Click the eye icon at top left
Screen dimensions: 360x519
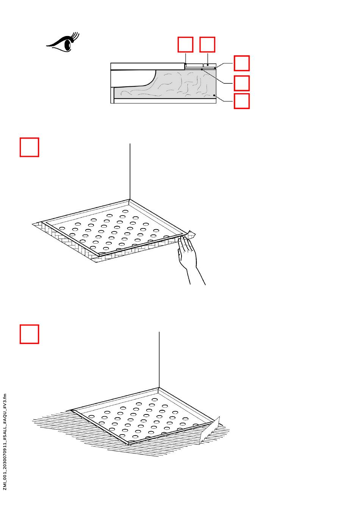point(63,42)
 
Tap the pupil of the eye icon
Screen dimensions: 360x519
point(68,44)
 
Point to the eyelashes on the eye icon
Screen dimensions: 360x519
point(75,37)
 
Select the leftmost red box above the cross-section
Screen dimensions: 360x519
point(185,44)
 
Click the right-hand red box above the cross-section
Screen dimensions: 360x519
point(207,44)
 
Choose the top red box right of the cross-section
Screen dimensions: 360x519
point(241,63)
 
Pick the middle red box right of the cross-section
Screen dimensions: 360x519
point(241,83)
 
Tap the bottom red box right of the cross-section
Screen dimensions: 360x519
point(241,101)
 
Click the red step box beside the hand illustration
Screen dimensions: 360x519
point(29,147)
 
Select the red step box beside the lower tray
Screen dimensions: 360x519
point(29,334)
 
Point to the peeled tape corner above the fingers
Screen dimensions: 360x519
point(191,234)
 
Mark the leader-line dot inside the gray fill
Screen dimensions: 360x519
point(214,95)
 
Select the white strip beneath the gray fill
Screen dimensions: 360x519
point(165,101)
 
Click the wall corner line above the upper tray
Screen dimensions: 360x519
point(130,172)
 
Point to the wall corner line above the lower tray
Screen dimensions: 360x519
point(159,360)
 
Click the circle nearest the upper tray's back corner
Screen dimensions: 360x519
point(125,211)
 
